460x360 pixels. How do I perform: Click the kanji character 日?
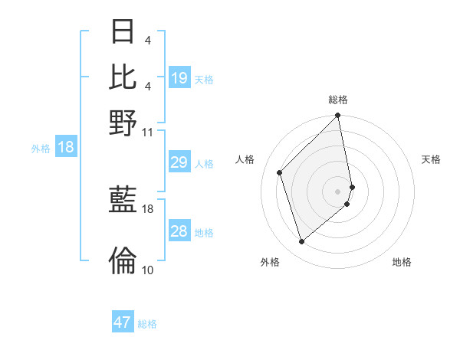[123, 33]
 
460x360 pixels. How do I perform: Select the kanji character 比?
[123, 76]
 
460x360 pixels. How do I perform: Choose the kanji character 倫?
[123, 260]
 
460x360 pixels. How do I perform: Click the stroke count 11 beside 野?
[148, 132]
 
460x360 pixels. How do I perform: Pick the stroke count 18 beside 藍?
[148, 208]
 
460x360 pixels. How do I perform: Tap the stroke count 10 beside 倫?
[148, 270]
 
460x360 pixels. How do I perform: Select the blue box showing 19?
[179, 78]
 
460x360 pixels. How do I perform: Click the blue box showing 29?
[179, 162]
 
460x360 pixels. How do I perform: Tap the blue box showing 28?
[179, 231]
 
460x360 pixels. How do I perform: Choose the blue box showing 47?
[123, 322]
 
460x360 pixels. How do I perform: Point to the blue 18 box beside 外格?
[66, 147]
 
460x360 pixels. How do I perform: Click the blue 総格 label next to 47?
[147, 324]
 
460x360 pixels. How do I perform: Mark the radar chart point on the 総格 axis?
[338, 116]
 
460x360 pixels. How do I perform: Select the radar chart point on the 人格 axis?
[280, 172]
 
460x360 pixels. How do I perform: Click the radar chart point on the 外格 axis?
[302, 242]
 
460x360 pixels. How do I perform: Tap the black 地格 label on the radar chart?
[402, 263]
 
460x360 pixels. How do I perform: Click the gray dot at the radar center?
[338, 191]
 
